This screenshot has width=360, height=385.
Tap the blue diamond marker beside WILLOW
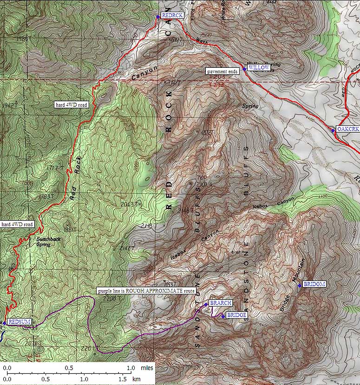pyautogui.click(x=244, y=69)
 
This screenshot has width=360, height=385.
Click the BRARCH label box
pyautogui.click(x=220, y=303)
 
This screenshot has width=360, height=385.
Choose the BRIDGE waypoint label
pyautogui.click(x=236, y=315)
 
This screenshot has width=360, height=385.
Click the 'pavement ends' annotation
pyautogui.click(x=222, y=71)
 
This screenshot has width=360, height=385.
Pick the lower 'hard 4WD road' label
pyautogui.click(x=17, y=224)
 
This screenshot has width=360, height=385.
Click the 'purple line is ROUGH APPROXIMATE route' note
pyautogui.click(x=146, y=291)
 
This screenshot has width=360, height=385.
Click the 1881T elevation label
pyautogui.click(x=70, y=229)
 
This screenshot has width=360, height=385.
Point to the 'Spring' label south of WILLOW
pyautogui.click(x=250, y=106)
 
